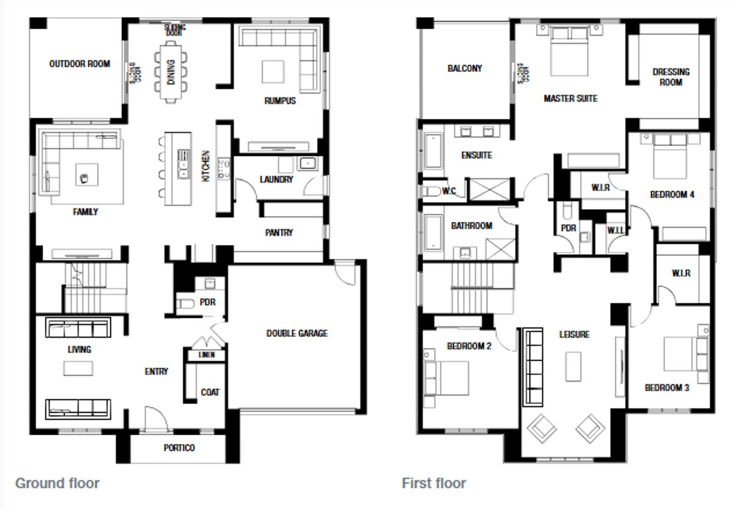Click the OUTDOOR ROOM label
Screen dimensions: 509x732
pyautogui.click(x=79, y=63)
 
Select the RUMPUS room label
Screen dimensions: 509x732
pyautogui.click(x=280, y=101)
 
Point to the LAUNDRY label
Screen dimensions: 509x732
pyautogui.click(x=276, y=180)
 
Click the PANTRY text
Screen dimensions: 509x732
pyautogui.click(x=279, y=233)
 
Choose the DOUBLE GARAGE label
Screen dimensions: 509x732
pyautogui.click(x=296, y=333)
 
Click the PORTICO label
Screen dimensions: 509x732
pyautogui.click(x=179, y=448)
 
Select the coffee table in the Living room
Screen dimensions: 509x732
pyautogui.click(x=79, y=369)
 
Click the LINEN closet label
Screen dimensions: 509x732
pyautogui.click(x=207, y=355)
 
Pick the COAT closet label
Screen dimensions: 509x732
pyautogui.click(x=210, y=392)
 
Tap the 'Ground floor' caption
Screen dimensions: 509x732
pyautogui.click(x=57, y=483)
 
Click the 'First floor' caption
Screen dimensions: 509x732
pyautogui.click(x=434, y=483)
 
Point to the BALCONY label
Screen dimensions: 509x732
pyautogui.click(x=464, y=68)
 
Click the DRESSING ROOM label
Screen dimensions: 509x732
pyautogui.click(x=670, y=77)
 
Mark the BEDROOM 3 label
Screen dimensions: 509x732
pyautogui.click(x=667, y=388)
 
